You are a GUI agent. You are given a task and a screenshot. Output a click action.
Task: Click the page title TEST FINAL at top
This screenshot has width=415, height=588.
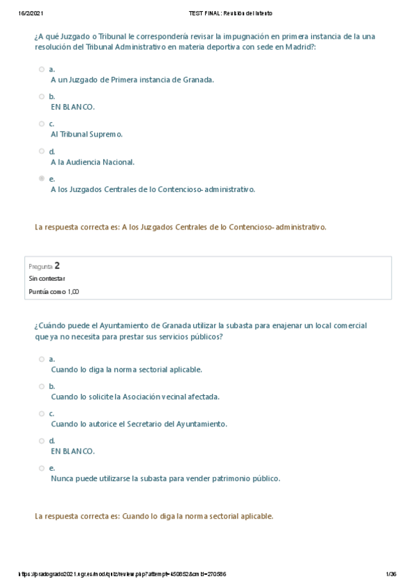point(230,13)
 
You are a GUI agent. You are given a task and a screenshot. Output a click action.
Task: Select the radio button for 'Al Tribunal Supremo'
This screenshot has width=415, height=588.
point(42,123)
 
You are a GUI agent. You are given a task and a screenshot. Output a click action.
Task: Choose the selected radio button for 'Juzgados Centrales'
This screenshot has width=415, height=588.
point(42,178)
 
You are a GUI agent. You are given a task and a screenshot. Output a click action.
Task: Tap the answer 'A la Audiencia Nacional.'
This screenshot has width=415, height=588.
point(92,162)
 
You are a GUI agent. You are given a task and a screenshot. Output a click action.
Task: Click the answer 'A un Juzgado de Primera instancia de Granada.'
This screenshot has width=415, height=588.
point(132,79)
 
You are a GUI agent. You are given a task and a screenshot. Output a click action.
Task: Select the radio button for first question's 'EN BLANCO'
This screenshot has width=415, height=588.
point(42,96)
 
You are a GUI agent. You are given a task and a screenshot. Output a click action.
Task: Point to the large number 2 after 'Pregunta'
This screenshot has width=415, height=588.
point(57,266)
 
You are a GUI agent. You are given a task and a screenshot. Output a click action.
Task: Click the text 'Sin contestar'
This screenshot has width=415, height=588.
point(46,278)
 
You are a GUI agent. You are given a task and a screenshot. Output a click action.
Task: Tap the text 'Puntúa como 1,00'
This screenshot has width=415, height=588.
point(53,292)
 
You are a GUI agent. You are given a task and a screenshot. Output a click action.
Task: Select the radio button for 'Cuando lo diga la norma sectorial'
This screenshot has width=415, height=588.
point(42,359)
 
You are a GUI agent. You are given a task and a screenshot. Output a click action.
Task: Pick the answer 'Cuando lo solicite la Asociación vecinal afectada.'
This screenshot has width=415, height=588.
point(135,397)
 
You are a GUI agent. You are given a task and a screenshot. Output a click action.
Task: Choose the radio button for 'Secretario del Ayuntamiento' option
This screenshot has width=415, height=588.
point(42,413)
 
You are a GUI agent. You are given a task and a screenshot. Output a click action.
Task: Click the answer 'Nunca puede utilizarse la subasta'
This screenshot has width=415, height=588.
point(166,478)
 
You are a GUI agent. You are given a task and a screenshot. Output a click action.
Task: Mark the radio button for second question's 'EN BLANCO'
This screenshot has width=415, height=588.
point(42,440)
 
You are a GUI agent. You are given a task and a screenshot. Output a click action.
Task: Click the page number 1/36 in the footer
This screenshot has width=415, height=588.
point(391,574)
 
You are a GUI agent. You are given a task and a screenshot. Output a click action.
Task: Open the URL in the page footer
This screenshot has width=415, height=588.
point(121,574)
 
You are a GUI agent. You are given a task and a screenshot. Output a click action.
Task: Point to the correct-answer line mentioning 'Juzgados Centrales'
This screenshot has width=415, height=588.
point(180,227)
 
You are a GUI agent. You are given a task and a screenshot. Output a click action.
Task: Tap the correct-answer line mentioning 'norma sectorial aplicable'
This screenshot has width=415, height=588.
point(154,516)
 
